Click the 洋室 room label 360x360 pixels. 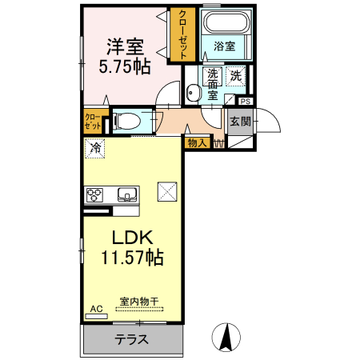point(126,45)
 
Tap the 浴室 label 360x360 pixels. point(224,46)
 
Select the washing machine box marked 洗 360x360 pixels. point(236,77)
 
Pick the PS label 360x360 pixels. point(245,102)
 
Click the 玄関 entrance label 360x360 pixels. point(240,122)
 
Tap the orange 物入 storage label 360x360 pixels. point(197,143)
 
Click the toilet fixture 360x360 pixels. point(128,122)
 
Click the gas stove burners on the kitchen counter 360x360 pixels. point(95,194)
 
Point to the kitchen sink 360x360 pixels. point(127,194)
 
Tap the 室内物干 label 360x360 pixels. point(139,302)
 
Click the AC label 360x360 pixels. point(96,308)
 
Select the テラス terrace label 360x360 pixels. point(132,338)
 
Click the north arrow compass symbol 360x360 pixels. point(226,337)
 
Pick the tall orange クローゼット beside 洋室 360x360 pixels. point(182,34)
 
